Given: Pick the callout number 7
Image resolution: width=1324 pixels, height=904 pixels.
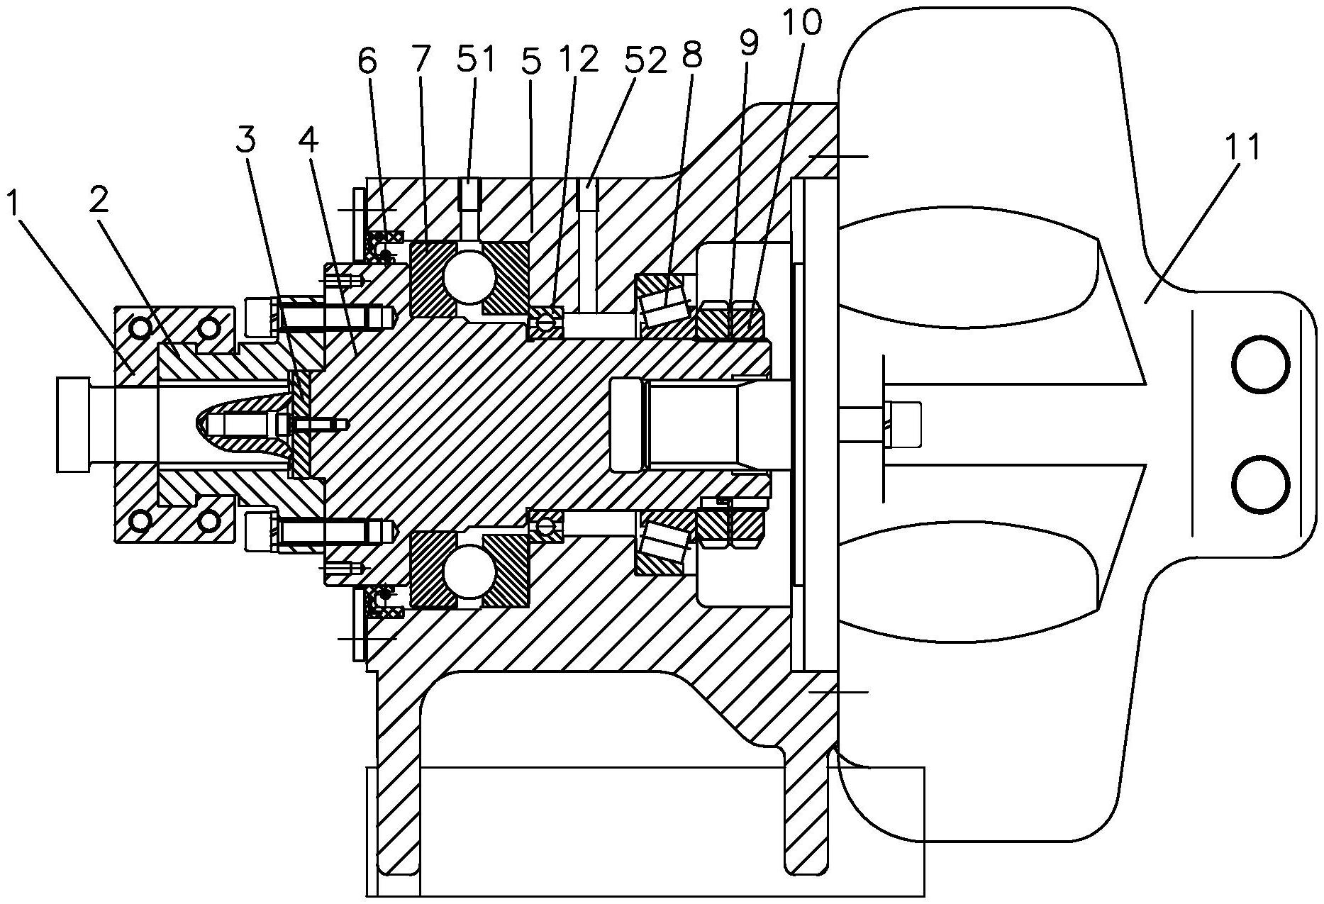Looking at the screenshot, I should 420,62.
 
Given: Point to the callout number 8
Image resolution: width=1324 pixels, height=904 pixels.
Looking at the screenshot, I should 691,55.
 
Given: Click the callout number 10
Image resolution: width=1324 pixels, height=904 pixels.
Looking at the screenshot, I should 803,23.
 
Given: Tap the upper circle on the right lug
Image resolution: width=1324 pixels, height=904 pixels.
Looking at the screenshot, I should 1260,365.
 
